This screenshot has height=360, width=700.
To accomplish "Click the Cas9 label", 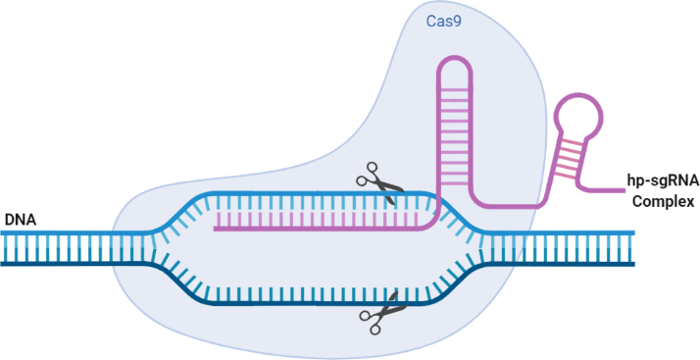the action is [x=443, y=22].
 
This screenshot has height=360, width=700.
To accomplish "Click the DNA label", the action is [x=20, y=220].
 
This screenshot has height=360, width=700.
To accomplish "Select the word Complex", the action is [x=664, y=201].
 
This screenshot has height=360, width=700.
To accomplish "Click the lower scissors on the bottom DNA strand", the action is [x=383, y=313].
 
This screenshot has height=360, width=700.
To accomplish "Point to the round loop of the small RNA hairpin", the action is [x=578, y=115].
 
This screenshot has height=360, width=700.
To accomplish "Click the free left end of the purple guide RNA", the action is [x=215, y=229].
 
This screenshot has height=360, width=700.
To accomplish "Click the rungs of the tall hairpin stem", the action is [x=454, y=135].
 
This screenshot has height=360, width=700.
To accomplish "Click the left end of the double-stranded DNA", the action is [x=2, y=248].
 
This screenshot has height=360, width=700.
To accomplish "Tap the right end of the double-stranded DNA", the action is [x=633, y=248].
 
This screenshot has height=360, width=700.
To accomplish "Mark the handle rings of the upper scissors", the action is [x=368, y=175].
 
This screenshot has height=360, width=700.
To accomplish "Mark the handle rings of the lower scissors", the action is [x=372, y=322].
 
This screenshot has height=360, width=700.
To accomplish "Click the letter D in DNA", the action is [x=9, y=220].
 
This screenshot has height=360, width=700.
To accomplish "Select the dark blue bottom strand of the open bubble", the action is [x=320, y=304].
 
